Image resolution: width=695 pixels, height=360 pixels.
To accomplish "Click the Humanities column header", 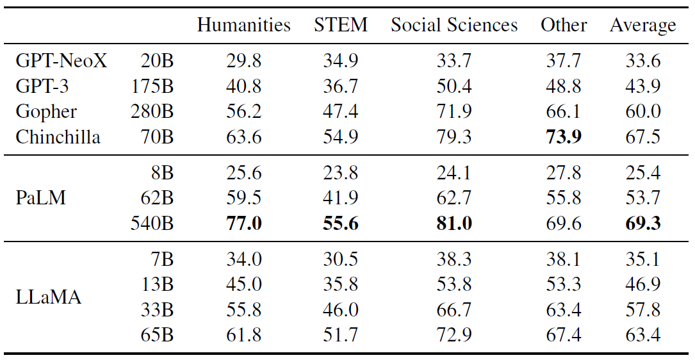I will tap(243, 25).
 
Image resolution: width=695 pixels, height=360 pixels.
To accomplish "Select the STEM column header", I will tap(341, 25).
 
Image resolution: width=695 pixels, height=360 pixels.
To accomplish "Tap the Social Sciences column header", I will tap(454, 25).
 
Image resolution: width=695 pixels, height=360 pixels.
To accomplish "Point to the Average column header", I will tap(642, 25).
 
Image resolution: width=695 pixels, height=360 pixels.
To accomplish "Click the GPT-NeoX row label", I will tap(61, 61).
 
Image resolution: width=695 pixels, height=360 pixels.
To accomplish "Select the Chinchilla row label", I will tap(58, 136).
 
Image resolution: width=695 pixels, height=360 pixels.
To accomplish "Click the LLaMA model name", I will tap(49, 297).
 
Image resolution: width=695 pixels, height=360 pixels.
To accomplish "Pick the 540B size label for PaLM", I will tap(152, 224).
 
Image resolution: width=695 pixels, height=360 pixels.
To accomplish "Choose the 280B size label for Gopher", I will tap(152, 111).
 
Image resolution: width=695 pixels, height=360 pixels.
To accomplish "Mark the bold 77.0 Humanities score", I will tap(243, 224).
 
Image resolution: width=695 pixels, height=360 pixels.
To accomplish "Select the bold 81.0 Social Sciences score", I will tap(454, 224).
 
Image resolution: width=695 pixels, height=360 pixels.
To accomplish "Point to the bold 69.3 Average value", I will tap(642, 224).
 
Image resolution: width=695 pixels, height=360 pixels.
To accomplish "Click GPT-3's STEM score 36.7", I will tap(340, 86).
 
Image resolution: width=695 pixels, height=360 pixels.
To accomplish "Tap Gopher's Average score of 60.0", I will tap(642, 111).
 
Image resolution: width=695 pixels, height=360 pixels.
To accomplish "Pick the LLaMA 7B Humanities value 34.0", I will tap(243, 259).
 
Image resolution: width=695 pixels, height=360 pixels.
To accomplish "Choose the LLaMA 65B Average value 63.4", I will tap(642, 335).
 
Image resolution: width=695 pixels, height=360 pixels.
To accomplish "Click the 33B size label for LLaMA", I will tap(157, 310).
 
